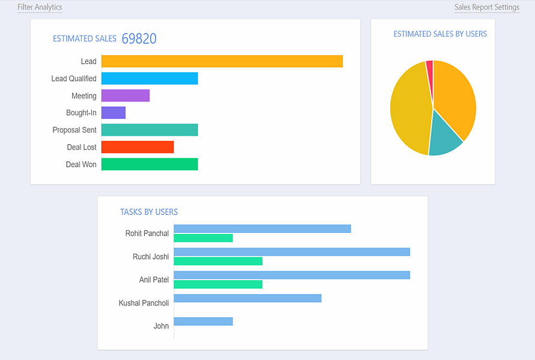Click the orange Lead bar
pyautogui.click(x=222, y=61)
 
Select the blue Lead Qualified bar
pyautogui.click(x=150, y=79)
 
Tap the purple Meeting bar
pyautogui.click(x=125, y=95)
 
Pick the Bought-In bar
pyautogui.click(x=113, y=113)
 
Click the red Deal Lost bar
pyautogui.click(x=138, y=147)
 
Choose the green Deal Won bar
pyautogui.click(x=150, y=164)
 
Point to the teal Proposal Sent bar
pyautogui.click(x=150, y=130)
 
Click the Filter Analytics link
pyautogui.click(x=40, y=7)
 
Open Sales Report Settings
pyautogui.click(x=487, y=7)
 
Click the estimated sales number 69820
pyautogui.click(x=139, y=38)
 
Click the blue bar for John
pyautogui.click(x=204, y=322)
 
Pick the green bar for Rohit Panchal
pyautogui.click(x=204, y=238)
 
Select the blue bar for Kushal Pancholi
pyautogui.click(x=248, y=298)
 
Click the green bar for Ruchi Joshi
pyautogui.click(x=218, y=261)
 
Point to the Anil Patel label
pyautogui.click(x=154, y=280)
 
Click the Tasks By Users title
pyautogui.click(x=149, y=212)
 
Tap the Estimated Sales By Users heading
pyautogui.click(x=440, y=34)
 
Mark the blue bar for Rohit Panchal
pyautogui.click(x=262, y=229)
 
